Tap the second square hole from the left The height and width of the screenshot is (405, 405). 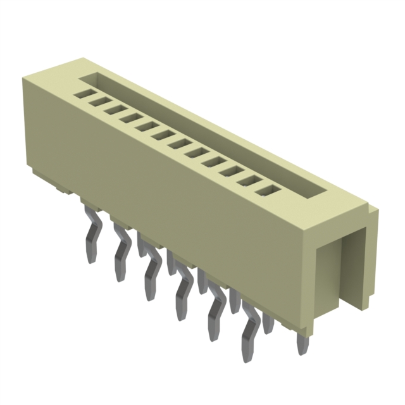(x=97, y=101)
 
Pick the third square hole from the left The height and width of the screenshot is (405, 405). (x=114, y=109)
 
